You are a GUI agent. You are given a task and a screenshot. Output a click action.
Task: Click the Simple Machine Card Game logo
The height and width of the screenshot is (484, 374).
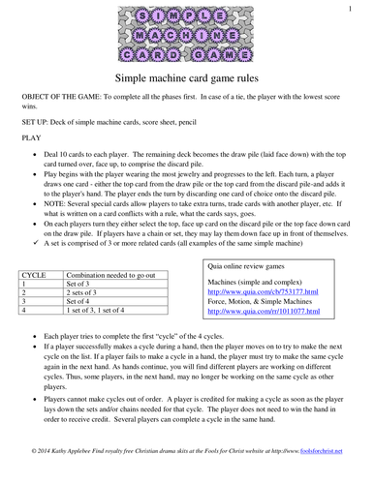click(186, 33)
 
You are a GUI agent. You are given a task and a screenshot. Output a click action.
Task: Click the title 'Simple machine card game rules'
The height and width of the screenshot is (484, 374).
click(186, 78)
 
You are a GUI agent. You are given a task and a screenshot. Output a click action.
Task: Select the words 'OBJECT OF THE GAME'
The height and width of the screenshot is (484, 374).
click(61, 100)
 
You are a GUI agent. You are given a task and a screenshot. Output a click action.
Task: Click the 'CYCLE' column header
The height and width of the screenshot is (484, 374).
click(36, 276)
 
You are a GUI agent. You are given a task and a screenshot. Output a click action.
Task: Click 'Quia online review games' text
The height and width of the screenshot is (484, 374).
click(251, 265)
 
